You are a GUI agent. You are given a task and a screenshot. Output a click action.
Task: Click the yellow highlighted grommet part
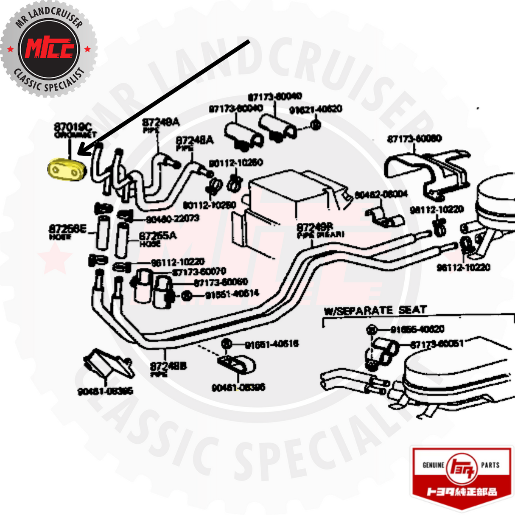point(67,171)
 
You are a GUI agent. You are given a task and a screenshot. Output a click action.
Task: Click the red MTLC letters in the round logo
point(49,48)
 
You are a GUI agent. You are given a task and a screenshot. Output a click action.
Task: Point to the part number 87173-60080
point(414,139)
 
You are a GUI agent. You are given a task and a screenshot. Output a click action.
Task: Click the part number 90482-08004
point(381,194)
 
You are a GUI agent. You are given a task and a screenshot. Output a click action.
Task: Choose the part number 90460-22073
point(172,218)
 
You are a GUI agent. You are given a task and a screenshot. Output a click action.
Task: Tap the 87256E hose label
point(67,230)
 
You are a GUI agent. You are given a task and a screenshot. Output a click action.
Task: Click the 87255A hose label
point(158,236)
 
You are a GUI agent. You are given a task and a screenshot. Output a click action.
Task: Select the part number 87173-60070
point(199,271)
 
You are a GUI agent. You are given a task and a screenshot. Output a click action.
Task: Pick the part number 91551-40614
point(232,294)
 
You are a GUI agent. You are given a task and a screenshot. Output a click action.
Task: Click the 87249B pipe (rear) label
point(315,228)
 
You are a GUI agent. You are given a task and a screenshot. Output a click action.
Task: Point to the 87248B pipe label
point(168,366)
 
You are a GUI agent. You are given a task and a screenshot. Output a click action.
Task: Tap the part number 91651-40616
point(271,344)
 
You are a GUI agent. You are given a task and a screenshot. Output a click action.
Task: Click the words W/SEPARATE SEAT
point(375,311)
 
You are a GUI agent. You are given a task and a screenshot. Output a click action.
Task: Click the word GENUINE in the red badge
point(433,465)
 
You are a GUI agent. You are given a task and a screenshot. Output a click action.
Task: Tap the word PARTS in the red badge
point(490,465)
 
